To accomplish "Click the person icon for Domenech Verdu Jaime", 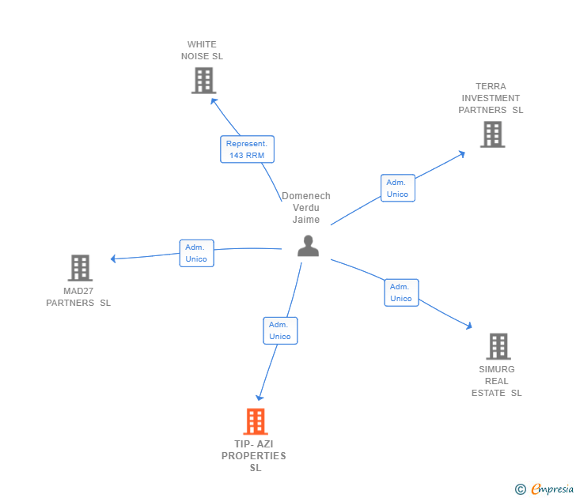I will [308, 246].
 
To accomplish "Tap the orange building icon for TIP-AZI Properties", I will [255, 422].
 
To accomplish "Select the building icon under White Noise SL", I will [203, 80].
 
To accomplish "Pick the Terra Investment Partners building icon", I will [492, 134].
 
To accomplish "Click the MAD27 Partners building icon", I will [80, 268].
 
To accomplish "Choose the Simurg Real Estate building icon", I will [498, 346].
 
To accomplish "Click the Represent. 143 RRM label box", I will [247, 149].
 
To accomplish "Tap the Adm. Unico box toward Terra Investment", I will [397, 188].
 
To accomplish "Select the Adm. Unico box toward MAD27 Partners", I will [195, 253].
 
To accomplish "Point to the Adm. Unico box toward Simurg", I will [401, 292].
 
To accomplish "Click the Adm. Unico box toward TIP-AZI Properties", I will [280, 330].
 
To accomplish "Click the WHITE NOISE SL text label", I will [202, 51].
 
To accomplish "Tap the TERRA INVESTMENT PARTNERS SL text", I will [491, 98].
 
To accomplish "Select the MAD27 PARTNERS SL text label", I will [78, 296].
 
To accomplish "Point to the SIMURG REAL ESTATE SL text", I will [497, 381].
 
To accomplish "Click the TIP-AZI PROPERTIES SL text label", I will [254, 456].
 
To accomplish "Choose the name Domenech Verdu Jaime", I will [306, 208].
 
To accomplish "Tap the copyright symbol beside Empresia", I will [521, 489].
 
